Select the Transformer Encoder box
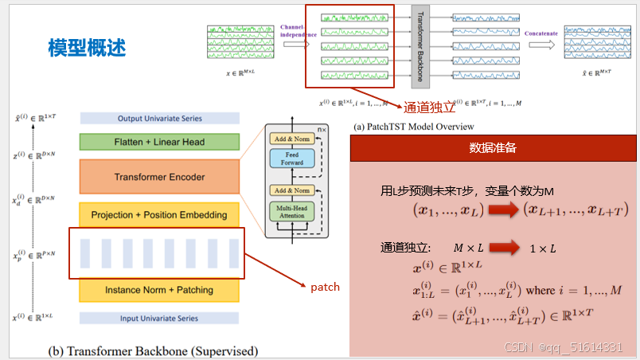click(159, 177)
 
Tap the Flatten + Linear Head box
click(159, 142)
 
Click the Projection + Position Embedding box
click(159, 215)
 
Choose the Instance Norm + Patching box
click(159, 290)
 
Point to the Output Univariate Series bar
click(159, 119)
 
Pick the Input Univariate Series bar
click(159, 319)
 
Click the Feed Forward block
click(293, 158)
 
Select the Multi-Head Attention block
click(293, 212)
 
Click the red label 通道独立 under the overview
click(430, 108)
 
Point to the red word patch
click(325, 287)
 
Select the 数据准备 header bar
click(494, 148)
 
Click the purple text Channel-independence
click(299, 31)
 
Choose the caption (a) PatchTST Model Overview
click(414, 127)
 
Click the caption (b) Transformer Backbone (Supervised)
click(153, 350)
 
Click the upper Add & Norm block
click(293, 138)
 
